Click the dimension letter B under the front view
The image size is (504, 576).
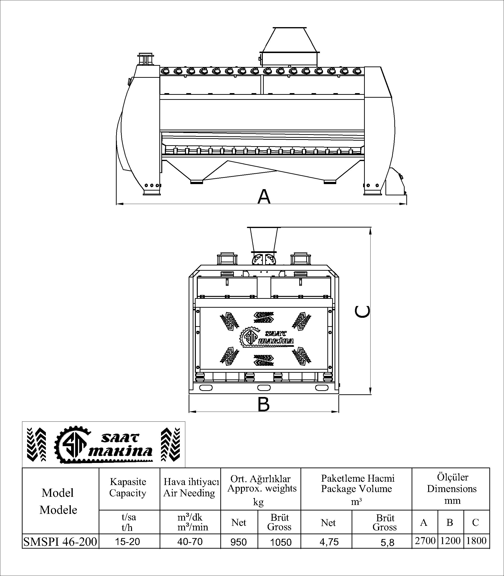point(264,404)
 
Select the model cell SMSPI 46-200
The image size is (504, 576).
point(60,541)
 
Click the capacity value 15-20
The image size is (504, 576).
point(127,541)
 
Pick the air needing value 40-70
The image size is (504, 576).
point(190,541)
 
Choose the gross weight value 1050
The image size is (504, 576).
point(281,542)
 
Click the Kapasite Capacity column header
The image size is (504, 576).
point(128,487)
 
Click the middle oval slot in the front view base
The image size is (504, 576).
point(264,388)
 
